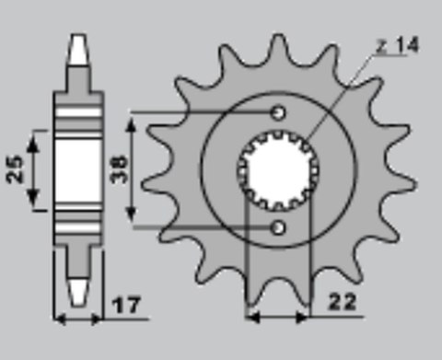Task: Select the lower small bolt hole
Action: [278, 226]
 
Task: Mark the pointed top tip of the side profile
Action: [80, 37]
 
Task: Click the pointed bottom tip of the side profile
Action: [80, 304]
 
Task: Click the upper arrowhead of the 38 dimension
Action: [136, 119]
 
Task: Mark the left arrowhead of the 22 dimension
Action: [250, 319]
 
